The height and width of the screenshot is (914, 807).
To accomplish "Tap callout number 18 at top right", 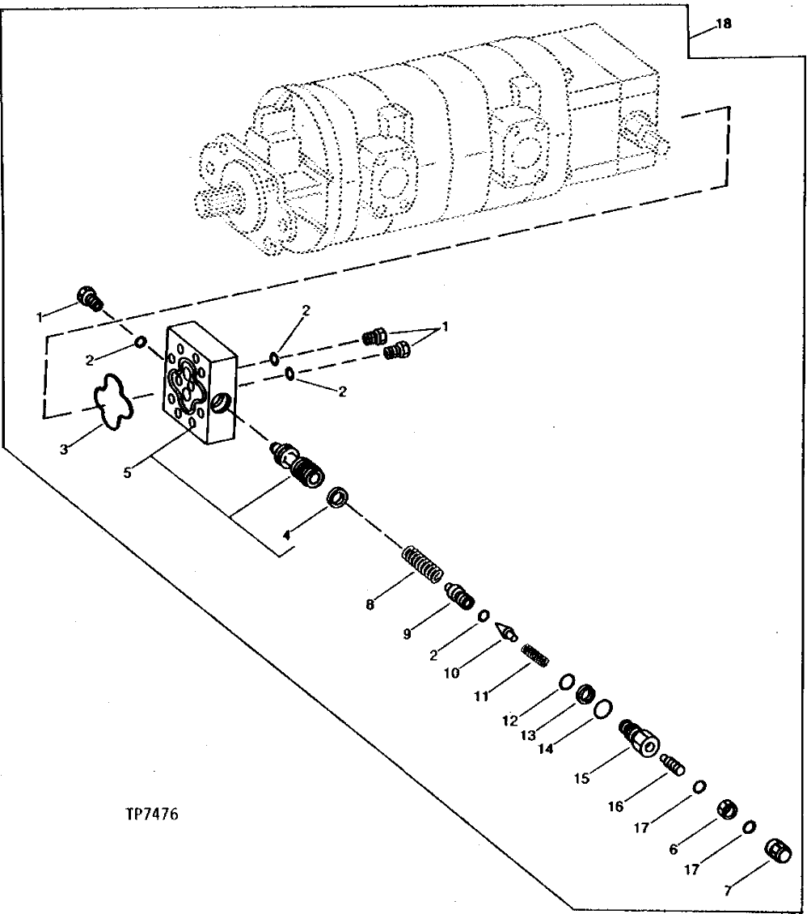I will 722,24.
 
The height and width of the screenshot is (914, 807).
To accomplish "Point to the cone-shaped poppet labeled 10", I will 506,631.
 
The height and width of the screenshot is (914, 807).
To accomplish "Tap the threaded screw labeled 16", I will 673,762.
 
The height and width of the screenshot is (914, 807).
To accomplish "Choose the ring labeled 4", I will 338,497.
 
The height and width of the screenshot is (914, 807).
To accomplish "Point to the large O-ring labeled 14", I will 602,709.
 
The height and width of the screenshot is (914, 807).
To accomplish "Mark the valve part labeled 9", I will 460,600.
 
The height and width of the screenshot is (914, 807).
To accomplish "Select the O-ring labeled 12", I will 567,682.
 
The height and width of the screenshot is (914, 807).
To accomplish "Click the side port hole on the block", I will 221,400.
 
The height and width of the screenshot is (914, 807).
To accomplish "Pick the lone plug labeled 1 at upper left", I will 89,298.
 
